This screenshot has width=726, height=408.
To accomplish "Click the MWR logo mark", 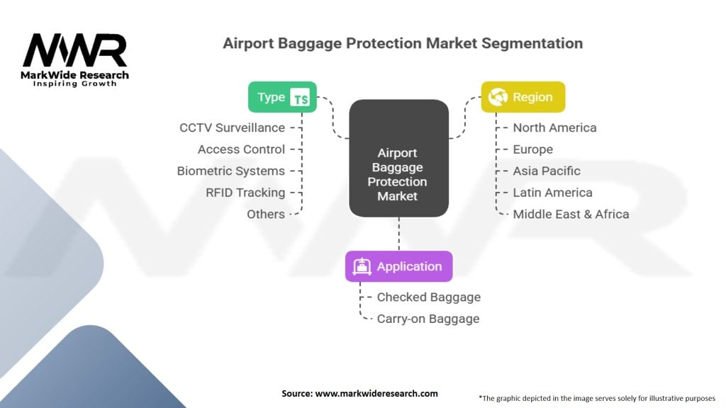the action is click(x=74, y=50).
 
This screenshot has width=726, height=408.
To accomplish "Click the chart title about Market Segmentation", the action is click(x=403, y=43).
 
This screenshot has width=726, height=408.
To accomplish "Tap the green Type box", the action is click(x=282, y=97).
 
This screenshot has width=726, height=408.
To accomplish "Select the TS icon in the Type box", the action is click(x=300, y=98).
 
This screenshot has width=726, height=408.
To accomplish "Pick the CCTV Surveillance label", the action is click(x=232, y=127).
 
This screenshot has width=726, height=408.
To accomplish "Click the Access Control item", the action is click(x=241, y=149).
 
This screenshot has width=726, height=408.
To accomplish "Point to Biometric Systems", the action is click(x=230, y=171).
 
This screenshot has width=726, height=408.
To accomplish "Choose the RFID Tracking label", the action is click(x=245, y=193).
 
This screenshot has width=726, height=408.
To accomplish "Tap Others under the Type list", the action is click(x=266, y=214).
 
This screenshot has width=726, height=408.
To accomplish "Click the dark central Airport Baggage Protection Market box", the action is click(x=398, y=158).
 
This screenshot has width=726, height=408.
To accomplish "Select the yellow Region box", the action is click(x=523, y=97).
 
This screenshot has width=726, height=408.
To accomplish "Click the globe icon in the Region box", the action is click(x=498, y=97).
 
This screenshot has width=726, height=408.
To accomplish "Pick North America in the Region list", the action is click(x=554, y=127).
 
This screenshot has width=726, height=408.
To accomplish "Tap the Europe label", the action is click(x=533, y=149).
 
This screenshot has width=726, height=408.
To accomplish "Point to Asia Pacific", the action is click(x=547, y=171).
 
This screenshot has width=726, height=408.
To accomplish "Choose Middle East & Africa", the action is click(x=571, y=214).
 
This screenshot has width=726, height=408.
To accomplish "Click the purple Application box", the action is click(x=398, y=266).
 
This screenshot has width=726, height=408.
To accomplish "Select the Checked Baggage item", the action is click(x=429, y=297).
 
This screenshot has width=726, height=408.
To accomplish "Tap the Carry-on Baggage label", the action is click(x=428, y=319).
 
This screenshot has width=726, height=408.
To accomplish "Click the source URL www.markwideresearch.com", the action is click(x=376, y=394).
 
